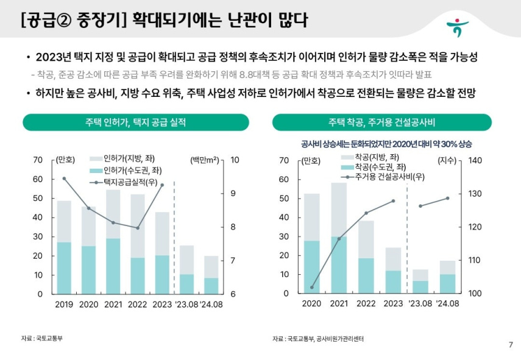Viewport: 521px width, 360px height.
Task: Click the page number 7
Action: click(510, 345)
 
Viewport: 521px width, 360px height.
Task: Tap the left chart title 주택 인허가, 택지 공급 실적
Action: click(135, 122)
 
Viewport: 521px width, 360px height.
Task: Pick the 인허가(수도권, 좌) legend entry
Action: click(127, 169)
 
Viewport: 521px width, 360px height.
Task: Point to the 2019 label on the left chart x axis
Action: click(64, 304)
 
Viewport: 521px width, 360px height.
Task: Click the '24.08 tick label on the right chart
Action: click(447, 304)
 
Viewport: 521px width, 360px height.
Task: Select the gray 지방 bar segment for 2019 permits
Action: click(64, 221)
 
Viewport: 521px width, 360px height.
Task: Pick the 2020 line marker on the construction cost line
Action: click(312, 288)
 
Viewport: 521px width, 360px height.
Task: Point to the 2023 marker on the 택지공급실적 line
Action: click(161, 185)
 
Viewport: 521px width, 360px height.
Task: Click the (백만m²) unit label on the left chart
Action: click(205, 160)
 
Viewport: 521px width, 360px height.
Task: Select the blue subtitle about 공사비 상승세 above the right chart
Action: click(386, 144)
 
